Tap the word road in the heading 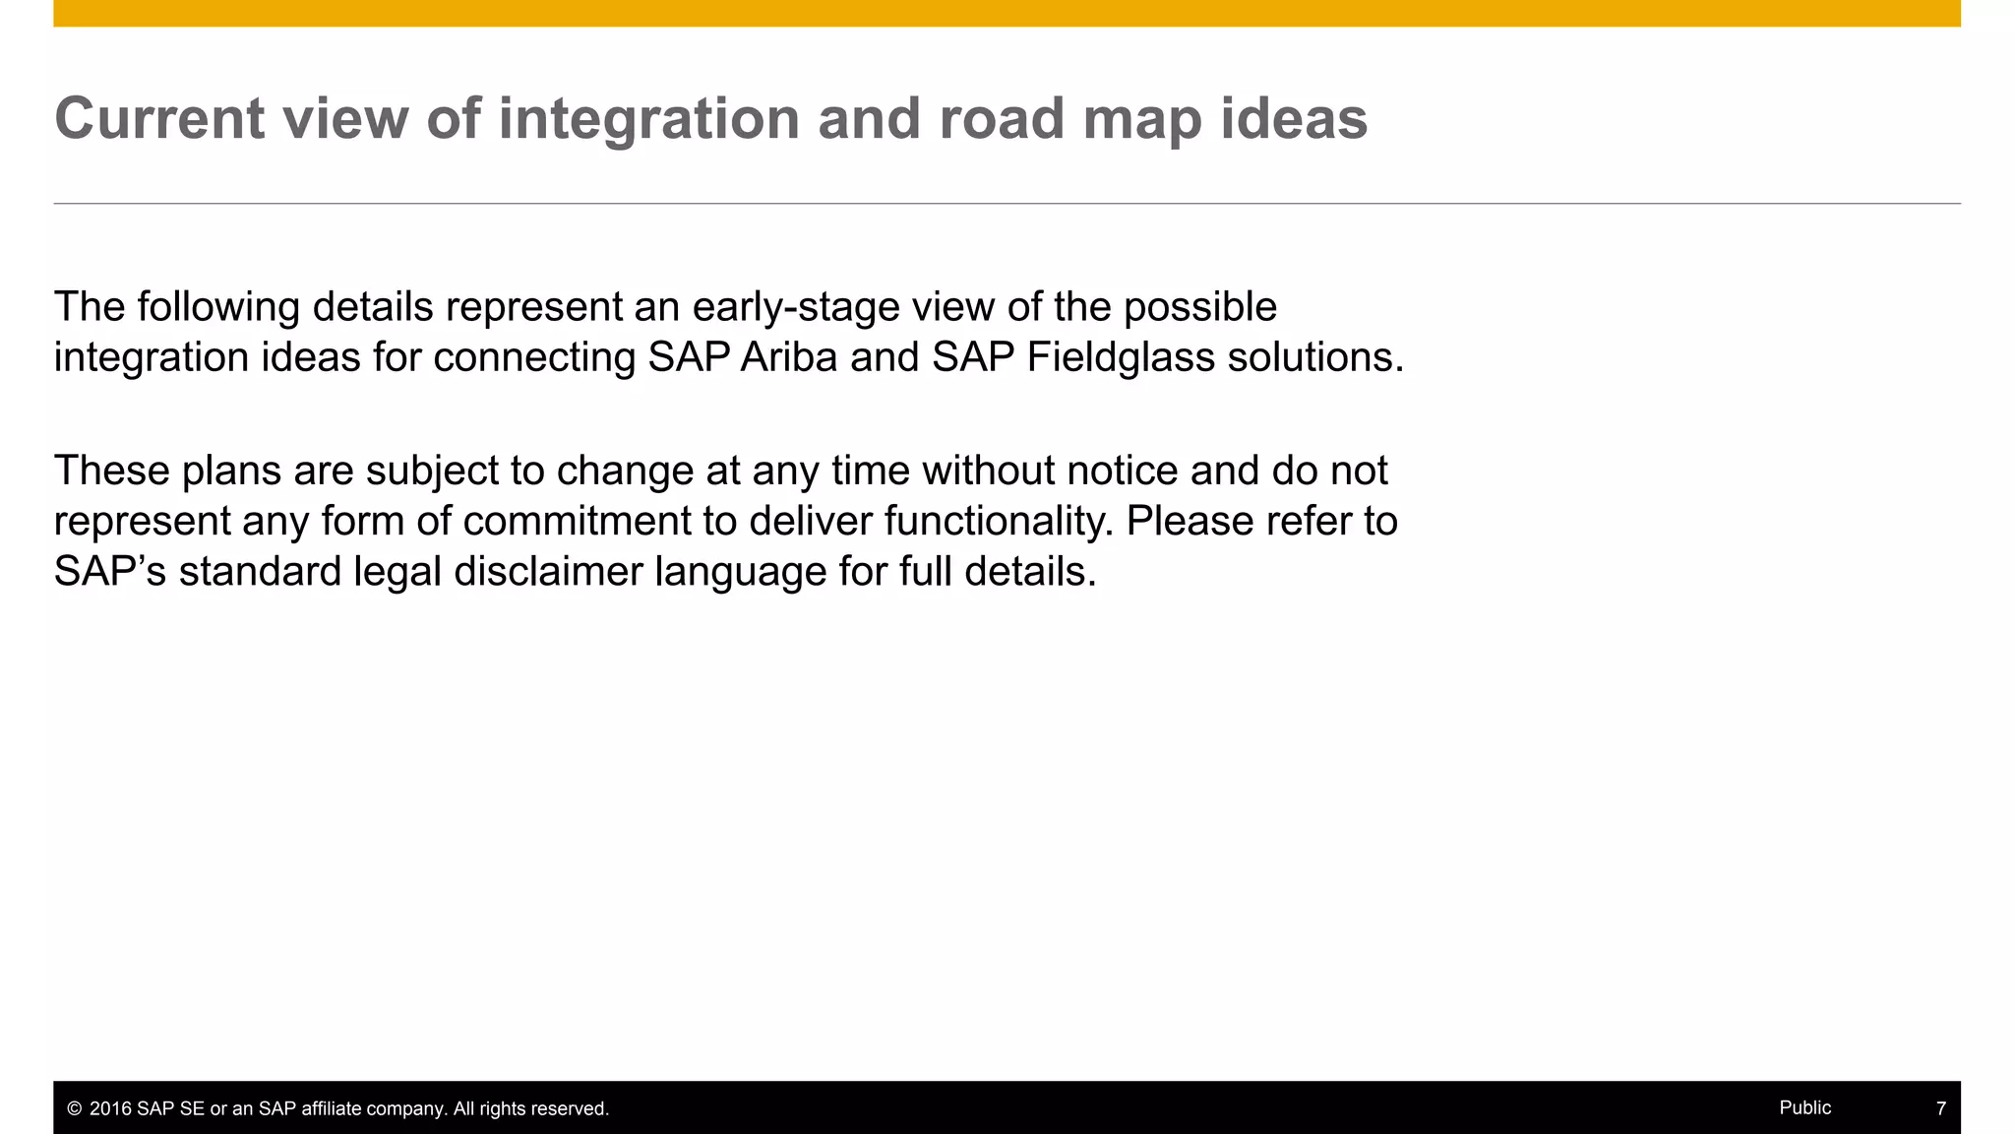(1002, 119)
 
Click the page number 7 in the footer (1940, 1108)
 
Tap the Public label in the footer (1804, 1107)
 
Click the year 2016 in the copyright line (110, 1108)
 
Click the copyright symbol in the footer (74, 1108)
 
